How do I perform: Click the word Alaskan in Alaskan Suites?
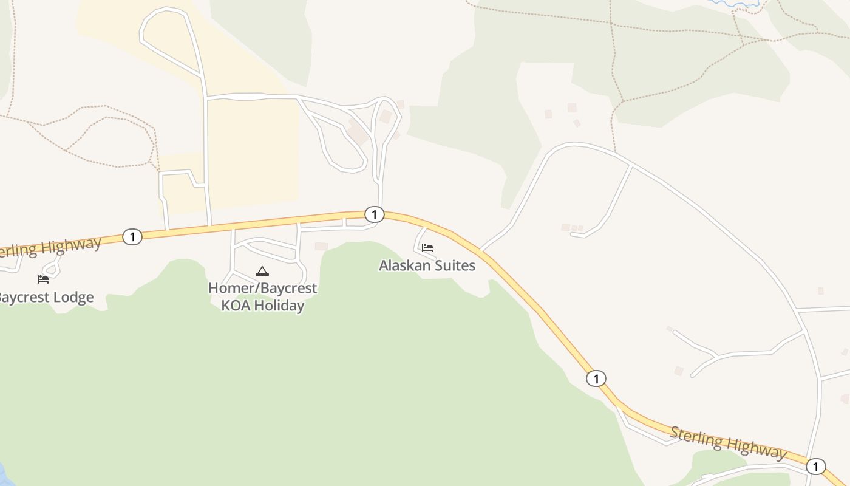(x=403, y=265)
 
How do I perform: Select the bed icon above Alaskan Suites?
(x=427, y=248)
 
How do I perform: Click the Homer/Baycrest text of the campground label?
(x=262, y=288)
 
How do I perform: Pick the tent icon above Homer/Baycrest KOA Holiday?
(x=262, y=271)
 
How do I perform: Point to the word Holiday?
(x=279, y=305)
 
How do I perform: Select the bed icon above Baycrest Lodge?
(x=42, y=279)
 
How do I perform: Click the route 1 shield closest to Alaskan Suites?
(x=375, y=214)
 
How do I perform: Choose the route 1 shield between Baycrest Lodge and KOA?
(x=132, y=236)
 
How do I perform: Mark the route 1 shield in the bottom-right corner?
(x=815, y=467)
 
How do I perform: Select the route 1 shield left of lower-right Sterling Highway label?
(x=596, y=378)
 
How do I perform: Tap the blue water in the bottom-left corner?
(x=3, y=474)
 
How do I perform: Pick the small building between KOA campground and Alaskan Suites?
(x=321, y=246)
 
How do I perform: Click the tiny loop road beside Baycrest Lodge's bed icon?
(x=53, y=267)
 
